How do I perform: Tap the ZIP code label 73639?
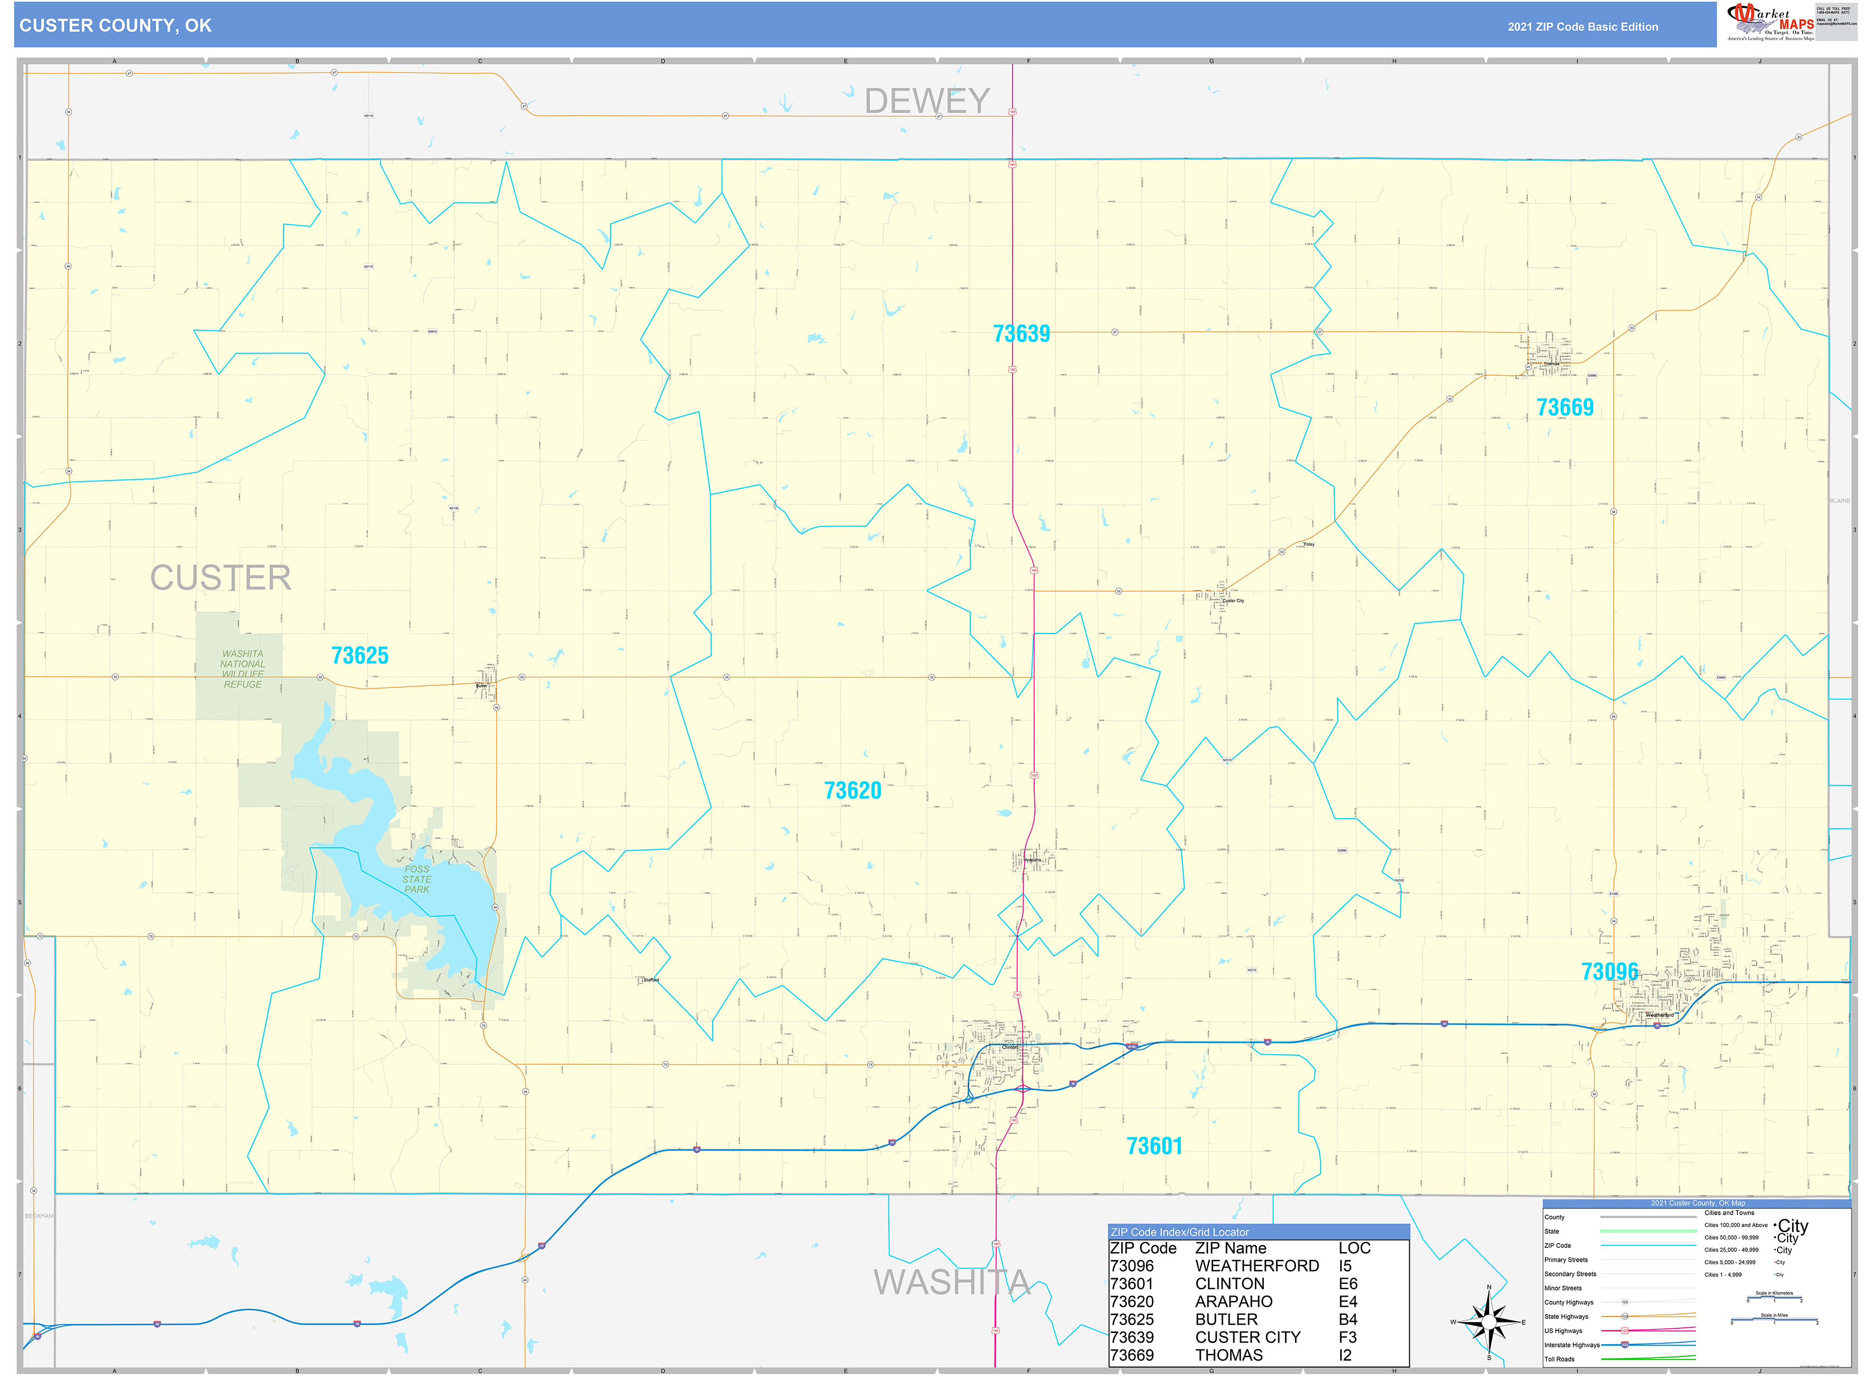[1021, 334]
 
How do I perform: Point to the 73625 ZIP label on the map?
[360, 656]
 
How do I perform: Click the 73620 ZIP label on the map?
[852, 791]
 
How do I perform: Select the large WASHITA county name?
[951, 1282]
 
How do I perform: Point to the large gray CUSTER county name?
[221, 578]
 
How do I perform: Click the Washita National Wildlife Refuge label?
[242, 669]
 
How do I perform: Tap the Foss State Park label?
[416, 879]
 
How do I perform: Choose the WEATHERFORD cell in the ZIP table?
[1256, 1265]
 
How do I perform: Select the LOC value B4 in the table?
[1347, 1319]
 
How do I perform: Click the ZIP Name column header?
[1230, 1248]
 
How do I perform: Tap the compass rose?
[1489, 1322]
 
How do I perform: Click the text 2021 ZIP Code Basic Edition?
[1582, 26]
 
